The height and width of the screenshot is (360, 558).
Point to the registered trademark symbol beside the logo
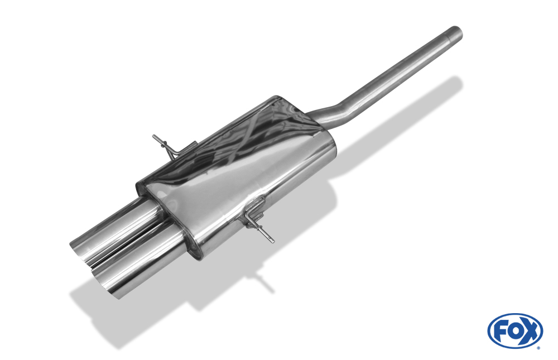[538, 348]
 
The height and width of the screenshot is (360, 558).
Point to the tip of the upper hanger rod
[154, 136]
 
